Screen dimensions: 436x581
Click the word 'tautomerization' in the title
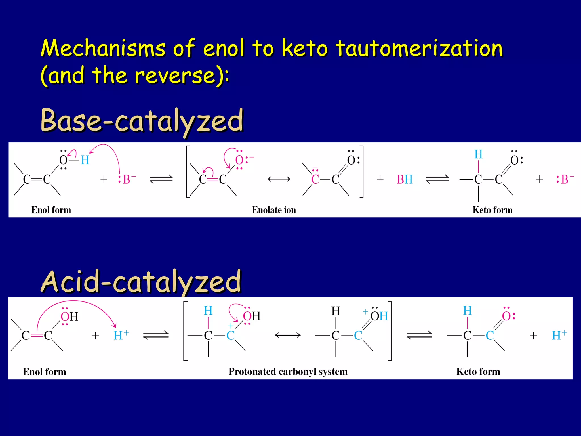419,48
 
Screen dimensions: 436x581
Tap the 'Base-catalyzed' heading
142,121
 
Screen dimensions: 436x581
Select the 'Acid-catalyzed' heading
141,281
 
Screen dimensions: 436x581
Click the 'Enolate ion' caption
274,210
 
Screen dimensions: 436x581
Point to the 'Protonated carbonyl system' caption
288,372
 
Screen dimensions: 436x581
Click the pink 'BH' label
405,179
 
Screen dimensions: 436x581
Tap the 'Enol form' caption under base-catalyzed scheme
51,210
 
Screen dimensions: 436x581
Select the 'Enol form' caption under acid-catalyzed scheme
45,372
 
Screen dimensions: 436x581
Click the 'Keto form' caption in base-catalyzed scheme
492,210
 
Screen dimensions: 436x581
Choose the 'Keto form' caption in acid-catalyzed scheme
478,372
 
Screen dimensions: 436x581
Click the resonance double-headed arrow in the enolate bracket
279,179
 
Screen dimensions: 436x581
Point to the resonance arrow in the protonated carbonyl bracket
288,335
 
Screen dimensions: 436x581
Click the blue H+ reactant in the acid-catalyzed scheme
121,335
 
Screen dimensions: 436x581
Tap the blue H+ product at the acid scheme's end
559,335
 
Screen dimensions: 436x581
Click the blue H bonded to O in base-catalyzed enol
85,160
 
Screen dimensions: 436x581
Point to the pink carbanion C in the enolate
315,179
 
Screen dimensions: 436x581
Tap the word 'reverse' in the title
175,75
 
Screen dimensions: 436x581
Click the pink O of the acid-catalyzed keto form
507,316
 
